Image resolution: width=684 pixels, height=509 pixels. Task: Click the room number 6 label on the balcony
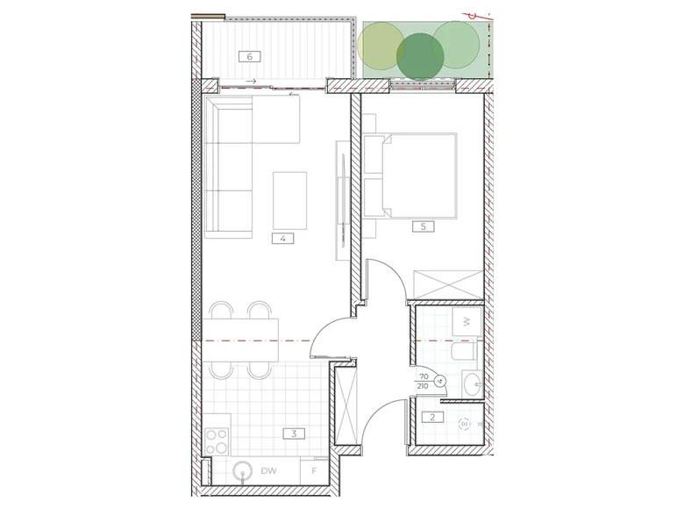pos(250,56)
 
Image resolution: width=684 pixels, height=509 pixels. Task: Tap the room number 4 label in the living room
pos(282,239)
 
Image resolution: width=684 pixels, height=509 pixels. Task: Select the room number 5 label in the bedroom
pos(424,226)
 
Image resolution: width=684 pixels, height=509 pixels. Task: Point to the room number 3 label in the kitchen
pos(294,434)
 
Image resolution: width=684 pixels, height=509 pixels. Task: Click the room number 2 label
pos(432,417)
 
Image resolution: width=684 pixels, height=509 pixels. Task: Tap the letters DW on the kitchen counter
pos(268,471)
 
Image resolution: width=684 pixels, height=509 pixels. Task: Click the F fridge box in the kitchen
pos(314,470)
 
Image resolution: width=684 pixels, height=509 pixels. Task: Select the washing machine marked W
pos(467,321)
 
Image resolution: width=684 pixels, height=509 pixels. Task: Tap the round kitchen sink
pos(243,472)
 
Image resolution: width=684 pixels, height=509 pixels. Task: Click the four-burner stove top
pos(217,441)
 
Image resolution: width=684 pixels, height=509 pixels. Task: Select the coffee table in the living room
pos(289,200)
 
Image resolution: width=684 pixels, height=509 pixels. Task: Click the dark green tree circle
pos(420,57)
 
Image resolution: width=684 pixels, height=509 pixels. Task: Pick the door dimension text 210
pos(423,386)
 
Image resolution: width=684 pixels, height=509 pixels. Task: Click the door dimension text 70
pos(424,376)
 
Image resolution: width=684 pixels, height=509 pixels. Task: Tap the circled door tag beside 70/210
pos(440,381)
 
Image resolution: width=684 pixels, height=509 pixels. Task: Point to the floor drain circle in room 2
pos(464,423)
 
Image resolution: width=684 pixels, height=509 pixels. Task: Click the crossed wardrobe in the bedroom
pos(448,284)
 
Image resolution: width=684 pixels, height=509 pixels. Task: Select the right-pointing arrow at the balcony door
pos(251,82)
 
